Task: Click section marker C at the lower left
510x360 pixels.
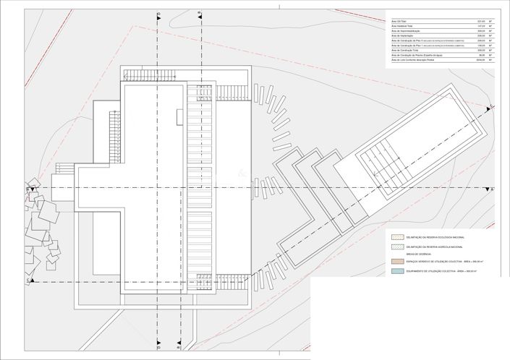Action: coord(28,279)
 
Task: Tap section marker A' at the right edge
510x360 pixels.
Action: coord(491,189)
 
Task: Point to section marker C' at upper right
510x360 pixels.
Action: coord(492,107)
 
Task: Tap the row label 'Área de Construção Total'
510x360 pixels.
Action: coord(405,49)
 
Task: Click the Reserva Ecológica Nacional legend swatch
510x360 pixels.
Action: coord(396,237)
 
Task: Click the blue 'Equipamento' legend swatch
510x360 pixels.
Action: coord(396,271)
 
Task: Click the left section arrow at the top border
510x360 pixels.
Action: coord(158,14)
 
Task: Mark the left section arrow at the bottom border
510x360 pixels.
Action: coord(158,345)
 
